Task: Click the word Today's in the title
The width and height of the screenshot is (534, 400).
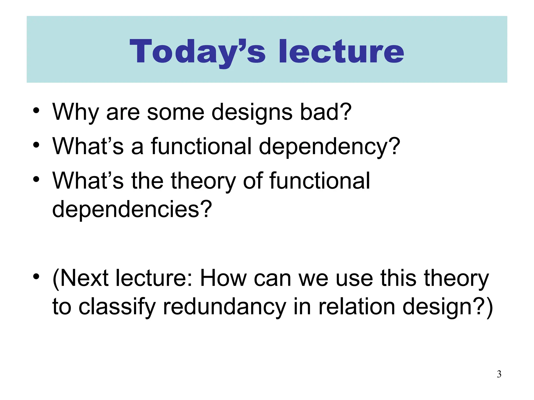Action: tap(197, 51)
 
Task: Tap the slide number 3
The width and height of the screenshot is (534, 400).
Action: tap(499, 374)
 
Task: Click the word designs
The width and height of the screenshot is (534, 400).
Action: tap(252, 112)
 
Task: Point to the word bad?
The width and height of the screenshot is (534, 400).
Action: tap(326, 112)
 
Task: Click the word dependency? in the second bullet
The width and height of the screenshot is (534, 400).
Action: tap(329, 147)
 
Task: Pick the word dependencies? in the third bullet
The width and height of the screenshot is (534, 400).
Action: tap(132, 209)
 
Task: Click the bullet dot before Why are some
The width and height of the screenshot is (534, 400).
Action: tap(36, 110)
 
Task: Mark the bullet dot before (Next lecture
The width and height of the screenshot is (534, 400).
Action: tap(36, 276)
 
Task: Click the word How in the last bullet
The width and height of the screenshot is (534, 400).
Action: tap(223, 278)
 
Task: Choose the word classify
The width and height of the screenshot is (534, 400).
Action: tap(117, 307)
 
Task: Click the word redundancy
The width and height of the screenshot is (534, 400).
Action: tap(224, 307)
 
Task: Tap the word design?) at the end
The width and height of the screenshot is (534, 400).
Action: tap(447, 307)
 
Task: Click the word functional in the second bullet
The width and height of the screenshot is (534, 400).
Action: tap(201, 147)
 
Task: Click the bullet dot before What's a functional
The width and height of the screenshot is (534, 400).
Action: tap(36, 145)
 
